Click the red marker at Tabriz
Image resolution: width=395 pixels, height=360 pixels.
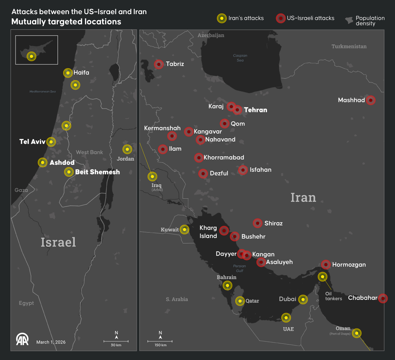[x=159, y=64]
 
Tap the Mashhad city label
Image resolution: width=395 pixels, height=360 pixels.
[x=351, y=100]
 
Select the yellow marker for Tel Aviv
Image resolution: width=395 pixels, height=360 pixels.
[x=51, y=142]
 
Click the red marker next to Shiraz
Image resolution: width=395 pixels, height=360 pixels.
[x=257, y=223]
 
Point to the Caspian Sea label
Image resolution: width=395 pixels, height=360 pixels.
[x=240, y=58]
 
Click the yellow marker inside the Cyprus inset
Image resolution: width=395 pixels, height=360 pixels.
[x=31, y=56]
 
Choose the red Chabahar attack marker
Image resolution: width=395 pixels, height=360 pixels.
[x=383, y=298]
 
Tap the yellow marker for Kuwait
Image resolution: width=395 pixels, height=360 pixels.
[x=184, y=230]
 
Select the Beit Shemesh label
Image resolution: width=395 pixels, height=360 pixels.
[x=97, y=172]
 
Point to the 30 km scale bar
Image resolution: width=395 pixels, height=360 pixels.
[x=116, y=341]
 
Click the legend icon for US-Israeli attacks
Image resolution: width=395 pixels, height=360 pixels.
[x=281, y=18]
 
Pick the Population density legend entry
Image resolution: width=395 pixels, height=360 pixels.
[x=365, y=21]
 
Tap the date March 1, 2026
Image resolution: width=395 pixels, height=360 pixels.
[x=51, y=342]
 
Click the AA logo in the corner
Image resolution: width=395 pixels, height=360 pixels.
[x=23, y=339]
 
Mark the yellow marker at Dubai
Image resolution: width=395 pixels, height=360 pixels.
[x=303, y=299]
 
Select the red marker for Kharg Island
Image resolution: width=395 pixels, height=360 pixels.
[x=224, y=231]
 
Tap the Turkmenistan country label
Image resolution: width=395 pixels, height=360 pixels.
[x=349, y=46]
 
